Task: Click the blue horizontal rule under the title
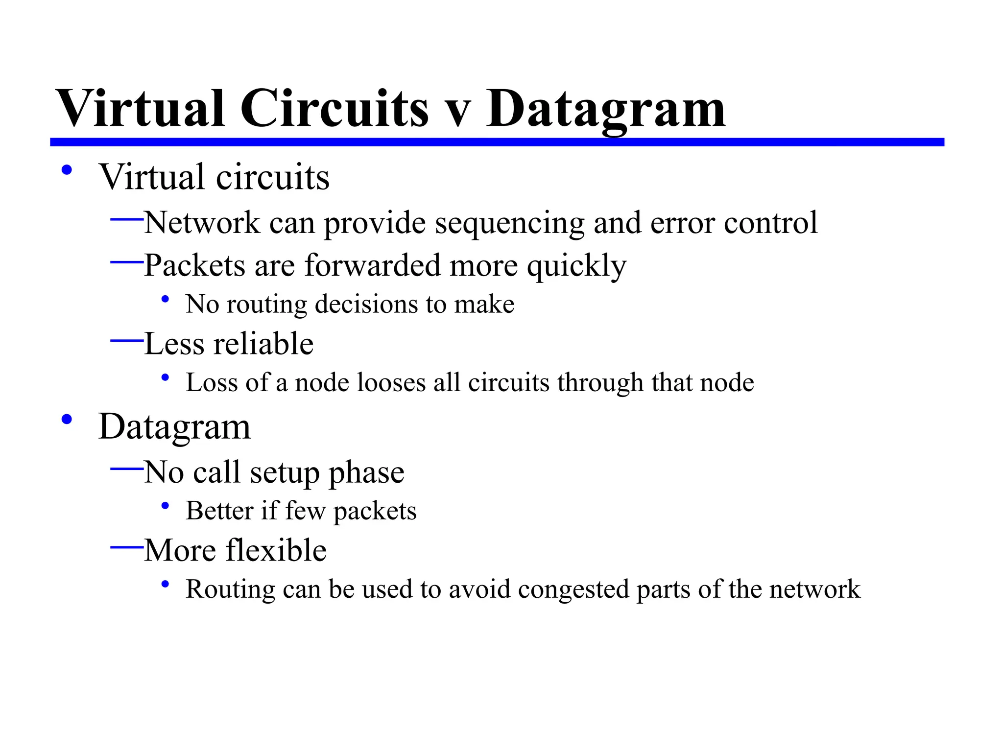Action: coord(497,142)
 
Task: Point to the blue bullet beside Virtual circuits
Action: coord(67,170)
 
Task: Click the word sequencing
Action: coord(509,224)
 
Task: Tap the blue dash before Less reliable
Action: coord(127,340)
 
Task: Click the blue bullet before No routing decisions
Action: coord(165,299)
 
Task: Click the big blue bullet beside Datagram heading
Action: coord(67,420)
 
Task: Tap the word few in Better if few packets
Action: coord(305,511)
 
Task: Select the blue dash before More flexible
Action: coord(127,547)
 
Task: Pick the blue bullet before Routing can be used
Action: coord(165,584)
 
